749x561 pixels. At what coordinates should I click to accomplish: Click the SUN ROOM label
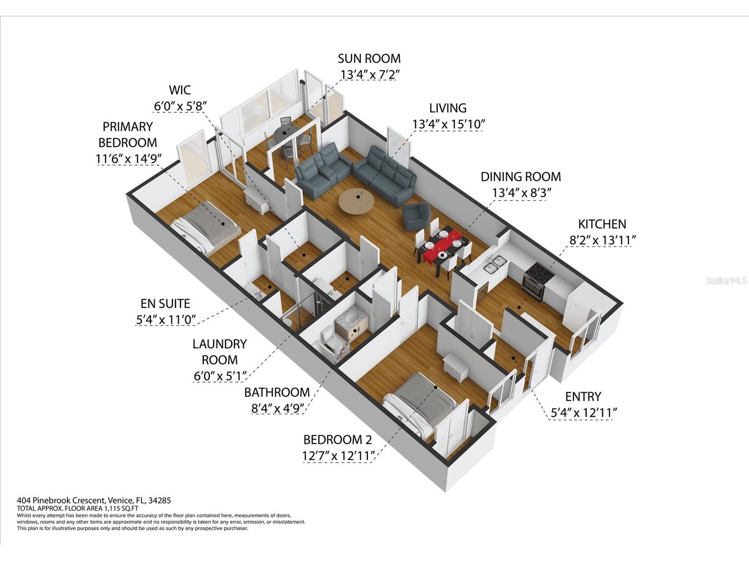369,59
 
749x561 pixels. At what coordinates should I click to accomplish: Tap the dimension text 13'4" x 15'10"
448,124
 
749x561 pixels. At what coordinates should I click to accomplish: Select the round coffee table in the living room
356,201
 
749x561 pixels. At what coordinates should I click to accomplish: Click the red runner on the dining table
442,244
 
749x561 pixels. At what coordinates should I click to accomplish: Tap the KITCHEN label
602,224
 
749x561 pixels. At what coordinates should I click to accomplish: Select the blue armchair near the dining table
416,216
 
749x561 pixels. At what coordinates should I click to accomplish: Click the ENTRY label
583,397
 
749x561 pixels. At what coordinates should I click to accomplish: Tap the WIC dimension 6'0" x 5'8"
180,106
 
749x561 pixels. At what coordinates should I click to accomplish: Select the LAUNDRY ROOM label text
220,352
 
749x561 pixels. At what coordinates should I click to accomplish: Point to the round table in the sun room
286,136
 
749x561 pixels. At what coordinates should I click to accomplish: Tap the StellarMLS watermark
726,281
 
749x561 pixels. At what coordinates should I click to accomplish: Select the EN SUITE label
166,303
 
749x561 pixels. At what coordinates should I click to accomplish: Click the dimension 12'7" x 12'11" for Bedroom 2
339,455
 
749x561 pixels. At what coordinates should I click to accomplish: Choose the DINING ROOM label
521,177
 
